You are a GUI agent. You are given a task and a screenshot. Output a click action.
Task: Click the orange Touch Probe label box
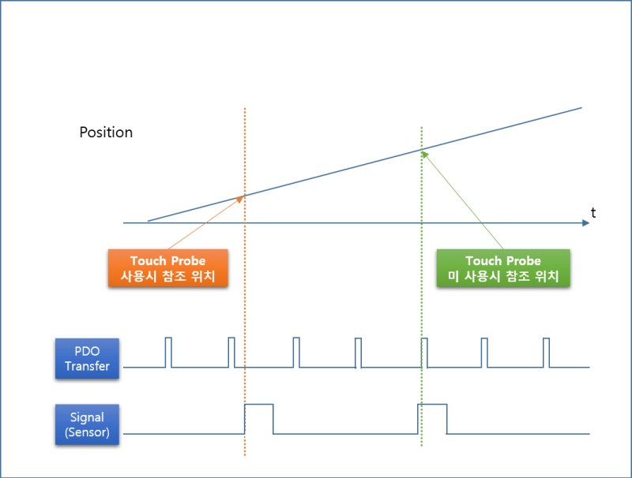pyautogui.click(x=167, y=268)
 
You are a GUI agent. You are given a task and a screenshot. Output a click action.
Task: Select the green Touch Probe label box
pyautogui.click(x=503, y=268)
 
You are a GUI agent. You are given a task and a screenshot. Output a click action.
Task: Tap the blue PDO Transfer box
pyautogui.click(x=87, y=358)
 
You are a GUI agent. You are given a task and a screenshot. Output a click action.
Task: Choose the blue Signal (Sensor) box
pyautogui.click(x=87, y=424)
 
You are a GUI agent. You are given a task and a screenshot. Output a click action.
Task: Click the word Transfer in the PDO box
pyautogui.click(x=87, y=366)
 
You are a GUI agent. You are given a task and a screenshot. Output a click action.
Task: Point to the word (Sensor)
pyautogui.click(x=87, y=432)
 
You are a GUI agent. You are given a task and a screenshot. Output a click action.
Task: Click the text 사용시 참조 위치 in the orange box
pyautogui.click(x=167, y=277)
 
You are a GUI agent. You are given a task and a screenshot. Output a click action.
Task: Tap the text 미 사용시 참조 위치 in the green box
pyautogui.click(x=503, y=277)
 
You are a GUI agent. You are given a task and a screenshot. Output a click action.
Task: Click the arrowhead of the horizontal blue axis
pyautogui.click(x=586, y=222)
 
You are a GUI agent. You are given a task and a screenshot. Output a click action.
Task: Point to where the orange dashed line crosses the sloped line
pyautogui.click(x=245, y=195)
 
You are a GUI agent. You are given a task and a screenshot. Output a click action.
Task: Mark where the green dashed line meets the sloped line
pyautogui.click(x=422, y=149)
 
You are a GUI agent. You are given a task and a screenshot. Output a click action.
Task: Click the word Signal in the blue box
pyautogui.click(x=87, y=416)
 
